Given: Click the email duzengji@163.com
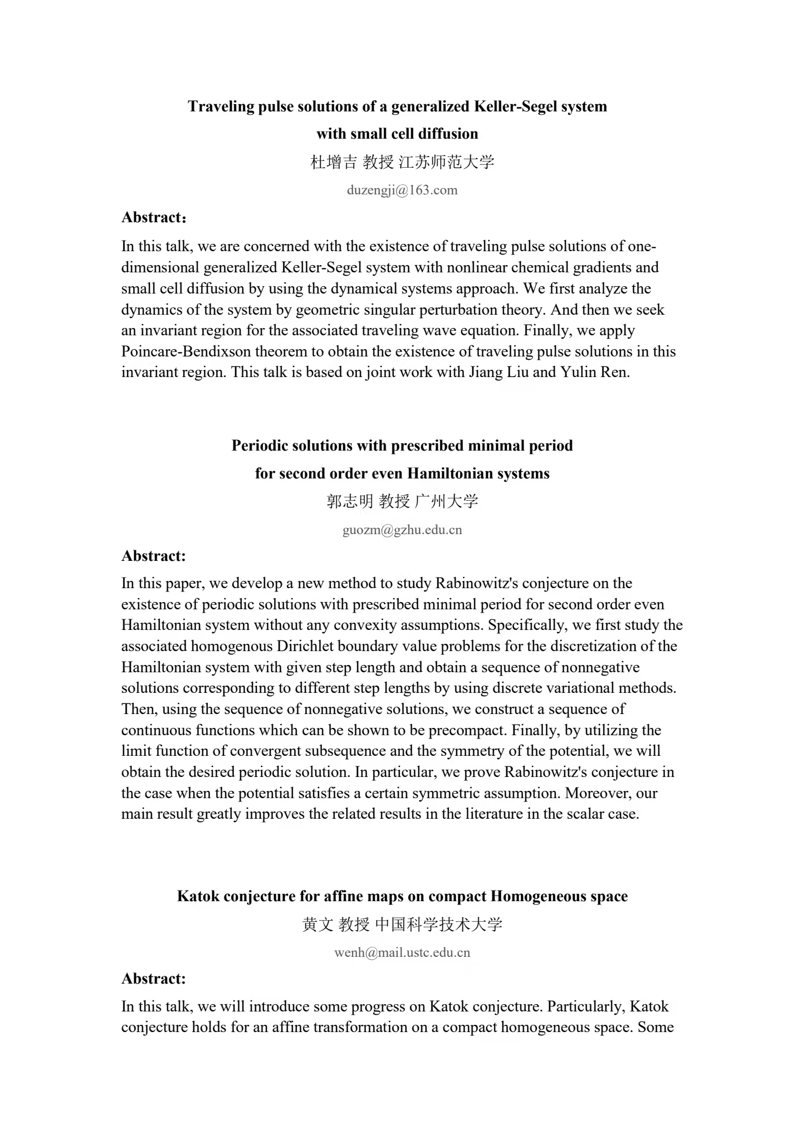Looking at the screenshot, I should pos(402,190).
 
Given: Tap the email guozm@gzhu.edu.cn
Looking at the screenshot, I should pos(402,530).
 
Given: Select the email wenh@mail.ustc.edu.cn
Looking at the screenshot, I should pos(402,952).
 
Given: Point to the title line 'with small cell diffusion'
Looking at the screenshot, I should pos(397,134).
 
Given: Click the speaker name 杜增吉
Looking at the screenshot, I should pos(333,162).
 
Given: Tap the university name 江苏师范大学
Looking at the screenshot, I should pos(447,162).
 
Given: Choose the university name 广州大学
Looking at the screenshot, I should pos(447,501).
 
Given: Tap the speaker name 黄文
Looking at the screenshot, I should pos(317,925).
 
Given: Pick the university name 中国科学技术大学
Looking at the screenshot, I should pos(439,925).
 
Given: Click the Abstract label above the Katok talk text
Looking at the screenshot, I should pos(154,979).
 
